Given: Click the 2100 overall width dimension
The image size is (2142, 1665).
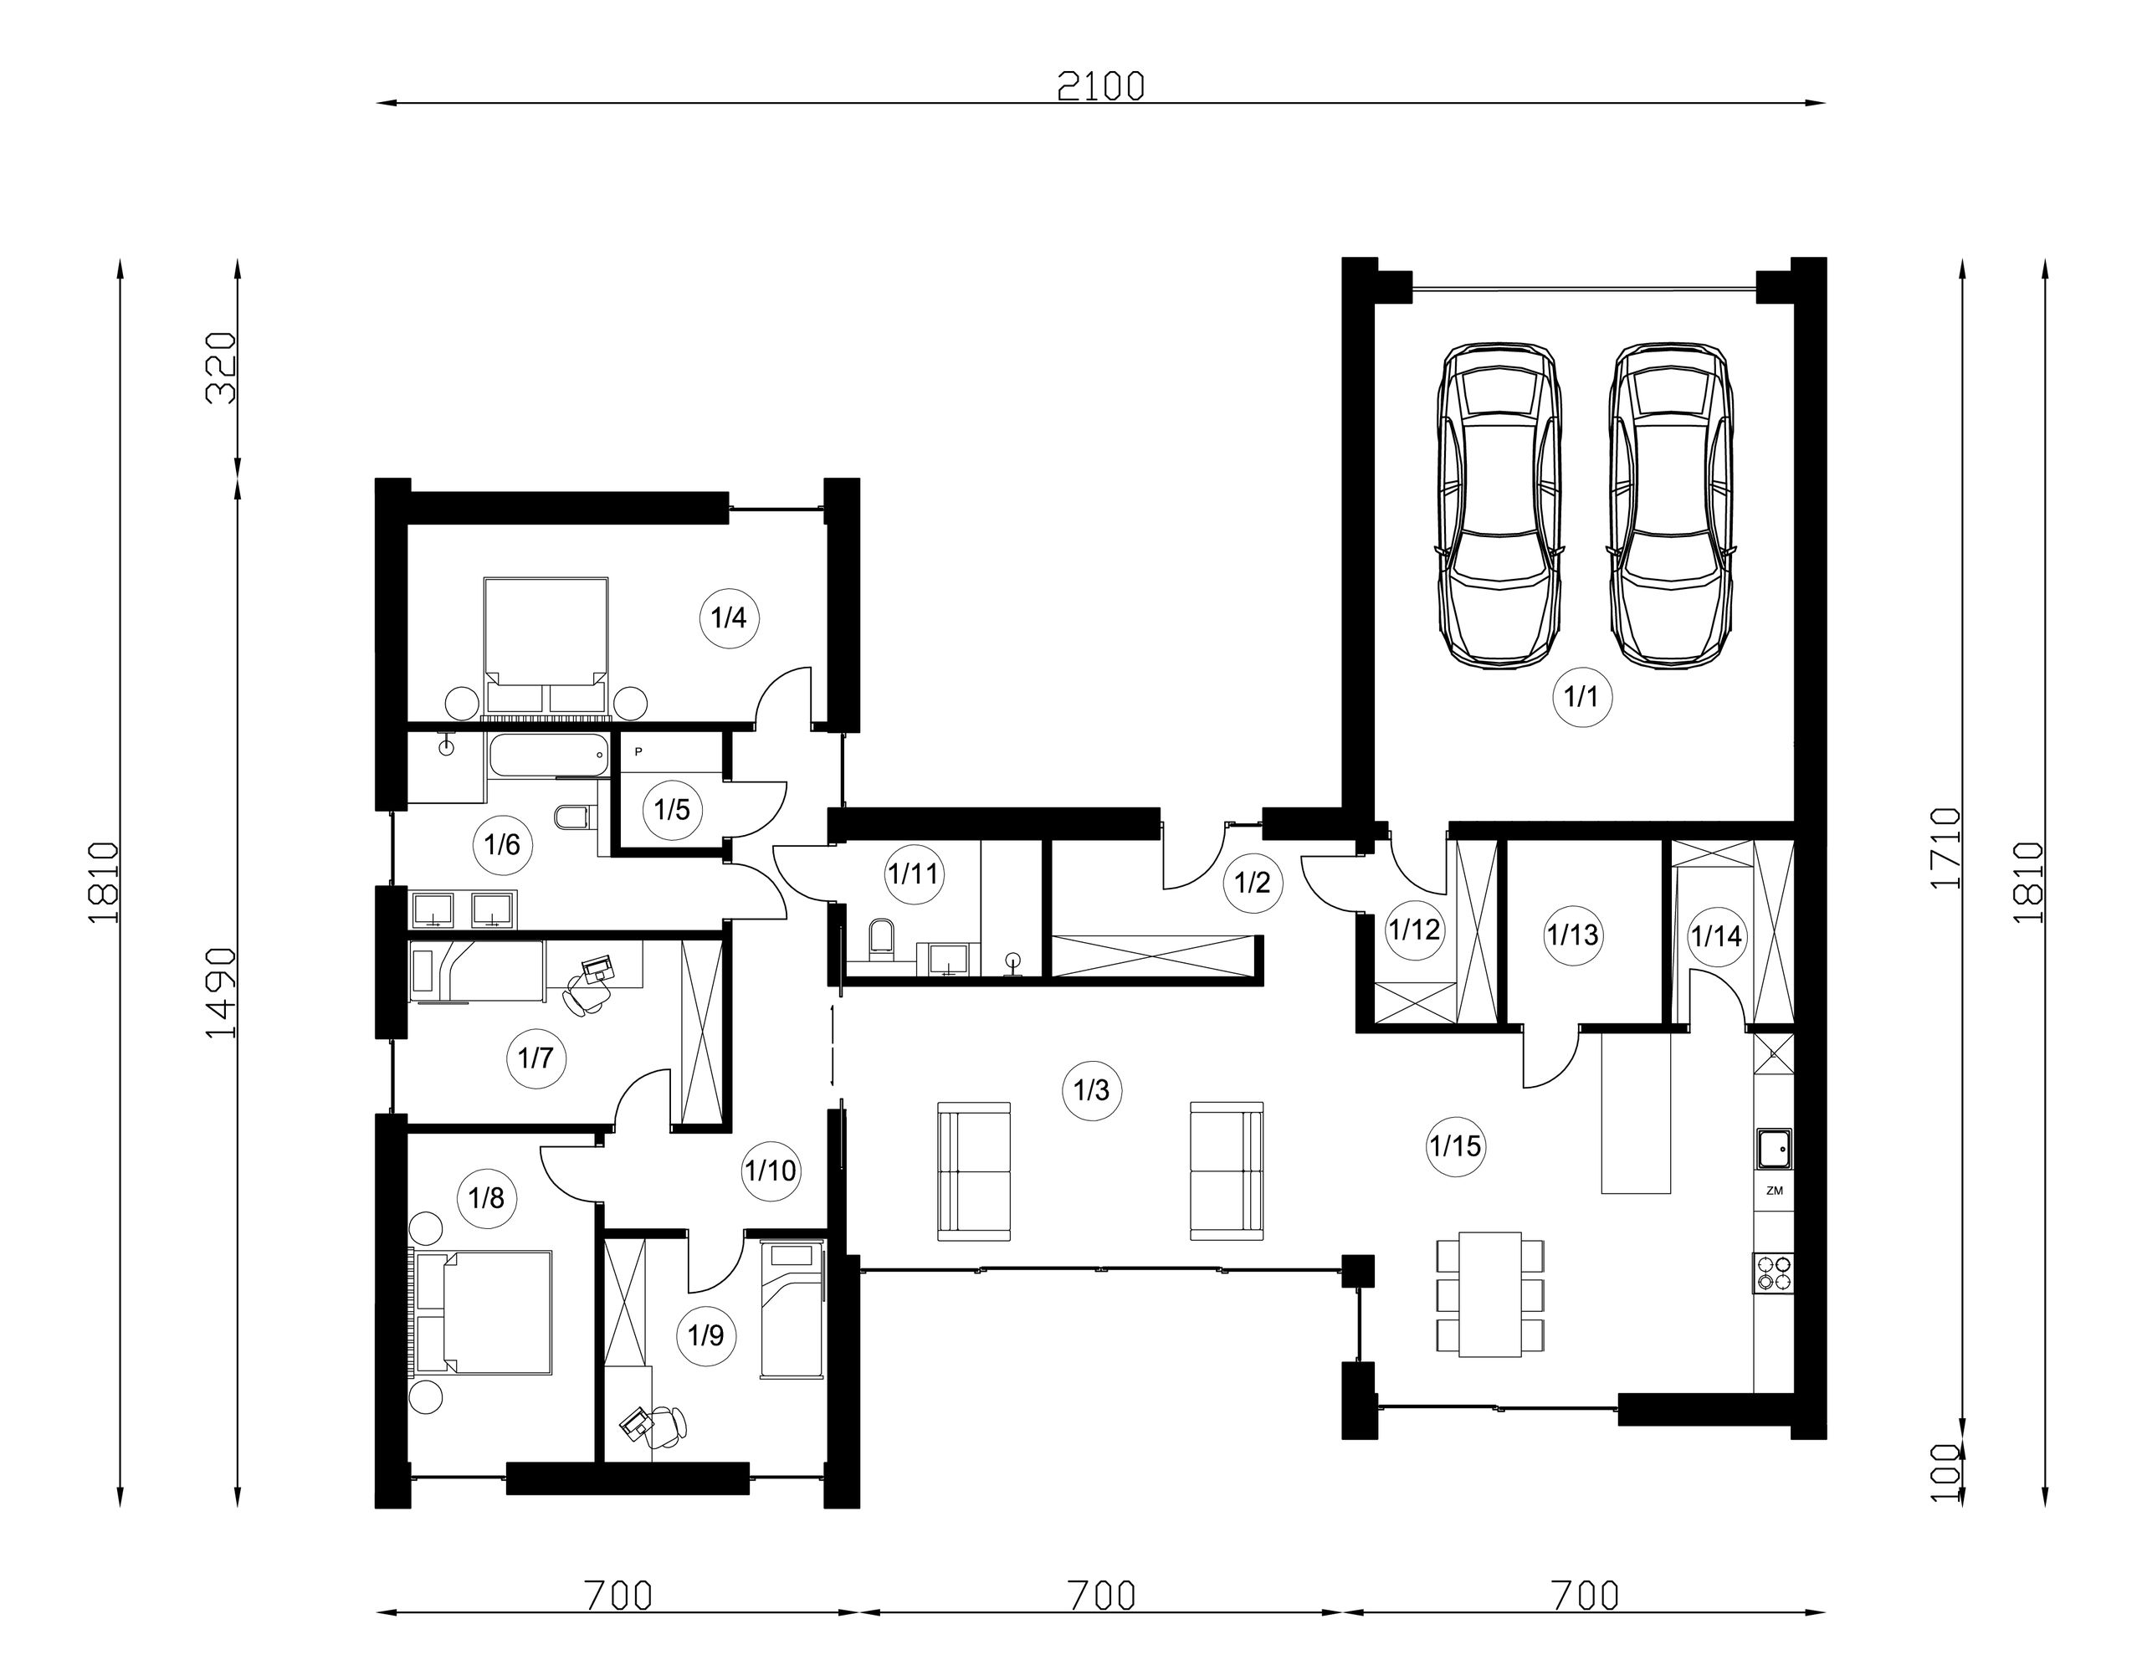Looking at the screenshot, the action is click(x=1100, y=87).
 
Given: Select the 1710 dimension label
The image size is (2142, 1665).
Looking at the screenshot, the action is click(x=1945, y=848).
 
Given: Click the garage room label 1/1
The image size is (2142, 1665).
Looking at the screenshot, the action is click(x=1582, y=697).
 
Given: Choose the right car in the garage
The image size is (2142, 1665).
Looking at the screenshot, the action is click(x=1669, y=506).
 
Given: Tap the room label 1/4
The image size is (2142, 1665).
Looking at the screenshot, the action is click(x=729, y=617).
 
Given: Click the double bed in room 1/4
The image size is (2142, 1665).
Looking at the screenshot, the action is click(x=546, y=646).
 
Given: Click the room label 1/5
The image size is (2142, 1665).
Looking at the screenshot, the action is click(x=673, y=810).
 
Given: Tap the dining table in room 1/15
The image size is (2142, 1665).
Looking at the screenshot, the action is click(x=1490, y=1294).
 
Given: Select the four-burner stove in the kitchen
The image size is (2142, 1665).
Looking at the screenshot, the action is click(x=1773, y=1273).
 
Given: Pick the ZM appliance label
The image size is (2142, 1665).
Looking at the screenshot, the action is click(x=1773, y=1191).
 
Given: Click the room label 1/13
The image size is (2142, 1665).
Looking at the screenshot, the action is click(x=1572, y=935).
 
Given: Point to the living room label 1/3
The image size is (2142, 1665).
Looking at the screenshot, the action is click(x=1092, y=1089).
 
